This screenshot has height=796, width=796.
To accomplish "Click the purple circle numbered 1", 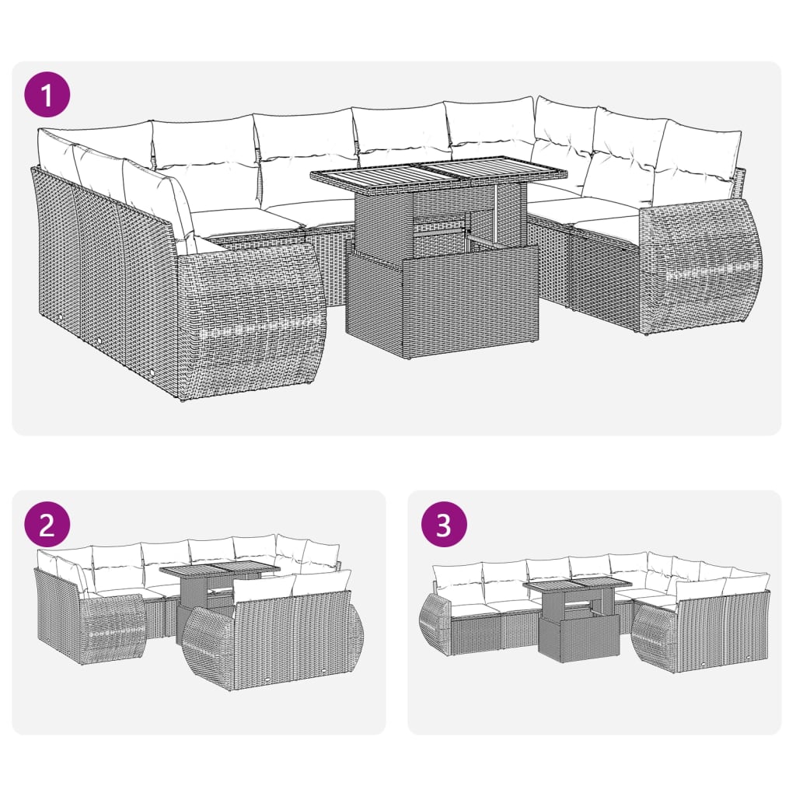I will [47, 96].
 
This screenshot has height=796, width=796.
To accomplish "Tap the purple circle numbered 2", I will [47, 525].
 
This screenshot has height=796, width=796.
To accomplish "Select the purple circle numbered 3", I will [444, 525].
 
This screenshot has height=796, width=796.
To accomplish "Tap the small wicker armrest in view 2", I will [113, 627].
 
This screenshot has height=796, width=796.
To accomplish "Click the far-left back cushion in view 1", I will [56, 152].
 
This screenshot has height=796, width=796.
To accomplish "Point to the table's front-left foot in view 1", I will [406, 354].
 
